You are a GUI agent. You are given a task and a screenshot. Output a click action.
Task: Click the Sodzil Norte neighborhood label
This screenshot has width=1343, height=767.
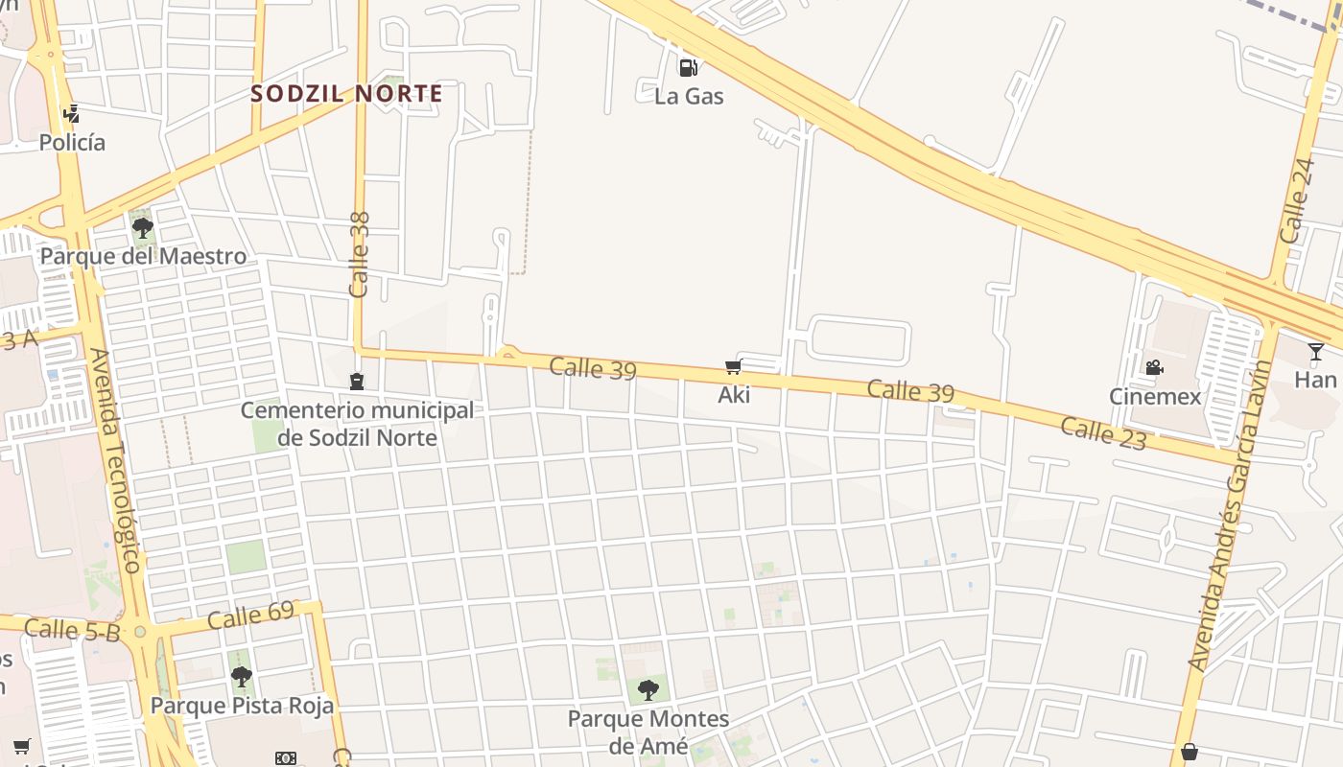[x=346, y=94]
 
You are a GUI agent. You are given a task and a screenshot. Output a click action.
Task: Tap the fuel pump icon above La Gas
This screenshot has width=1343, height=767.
[x=688, y=67]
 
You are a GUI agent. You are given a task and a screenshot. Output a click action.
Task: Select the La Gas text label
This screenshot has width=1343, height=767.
[x=689, y=96]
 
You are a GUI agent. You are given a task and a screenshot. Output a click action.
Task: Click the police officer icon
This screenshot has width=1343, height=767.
[x=71, y=114]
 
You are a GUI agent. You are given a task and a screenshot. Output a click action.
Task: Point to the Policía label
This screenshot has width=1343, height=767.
[x=72, y=143]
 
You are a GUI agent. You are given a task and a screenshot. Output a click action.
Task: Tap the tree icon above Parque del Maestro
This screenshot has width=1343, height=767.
[x=143, y=228]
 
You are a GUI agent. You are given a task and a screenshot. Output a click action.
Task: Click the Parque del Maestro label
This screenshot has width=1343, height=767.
[x=143, y=257]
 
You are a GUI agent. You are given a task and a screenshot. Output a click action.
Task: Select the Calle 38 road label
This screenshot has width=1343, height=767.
[x=360, y=254]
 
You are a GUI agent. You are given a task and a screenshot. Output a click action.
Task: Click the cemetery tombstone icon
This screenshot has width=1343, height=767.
[x=357, y=382]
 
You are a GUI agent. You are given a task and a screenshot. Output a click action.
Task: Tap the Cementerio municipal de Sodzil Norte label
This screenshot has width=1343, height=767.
[x=357, y=424]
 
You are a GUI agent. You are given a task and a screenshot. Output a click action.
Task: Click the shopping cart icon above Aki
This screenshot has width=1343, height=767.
[x=734, y=366]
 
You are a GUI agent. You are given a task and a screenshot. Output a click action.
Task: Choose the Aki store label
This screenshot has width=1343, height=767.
[x=734, y=395]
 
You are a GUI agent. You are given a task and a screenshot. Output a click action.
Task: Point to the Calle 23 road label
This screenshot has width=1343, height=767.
[x=1103, y=433]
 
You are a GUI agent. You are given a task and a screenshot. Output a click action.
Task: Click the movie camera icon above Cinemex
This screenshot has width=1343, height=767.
[x=1154, y=367]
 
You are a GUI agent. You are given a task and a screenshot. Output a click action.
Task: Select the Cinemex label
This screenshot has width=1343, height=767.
[x=1155, y=396]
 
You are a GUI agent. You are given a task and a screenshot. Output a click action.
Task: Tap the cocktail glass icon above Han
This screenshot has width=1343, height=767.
[x=1315, y=352]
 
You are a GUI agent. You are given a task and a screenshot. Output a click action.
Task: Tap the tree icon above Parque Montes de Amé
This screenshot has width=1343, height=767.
[x=648, y=689]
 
